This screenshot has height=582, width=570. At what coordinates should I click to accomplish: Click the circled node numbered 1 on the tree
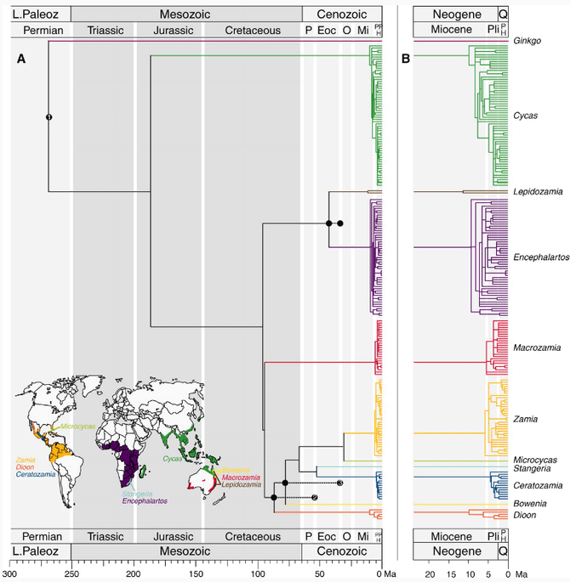click(49, 116)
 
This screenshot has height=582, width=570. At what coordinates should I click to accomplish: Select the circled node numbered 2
click(314, 498)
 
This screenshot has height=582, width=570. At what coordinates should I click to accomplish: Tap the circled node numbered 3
click(339, 483)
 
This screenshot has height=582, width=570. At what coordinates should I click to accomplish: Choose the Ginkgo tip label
click(526, 41)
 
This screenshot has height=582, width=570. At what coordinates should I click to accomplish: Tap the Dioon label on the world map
click(26, 466)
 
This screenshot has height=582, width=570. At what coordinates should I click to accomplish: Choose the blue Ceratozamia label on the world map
click(36, 473)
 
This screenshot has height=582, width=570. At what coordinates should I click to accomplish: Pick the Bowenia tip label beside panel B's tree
click(528, 503)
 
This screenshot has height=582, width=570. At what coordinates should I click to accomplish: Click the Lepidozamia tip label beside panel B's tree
click(538, 192)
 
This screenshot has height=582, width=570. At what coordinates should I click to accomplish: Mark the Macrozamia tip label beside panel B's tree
click(536, 348)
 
